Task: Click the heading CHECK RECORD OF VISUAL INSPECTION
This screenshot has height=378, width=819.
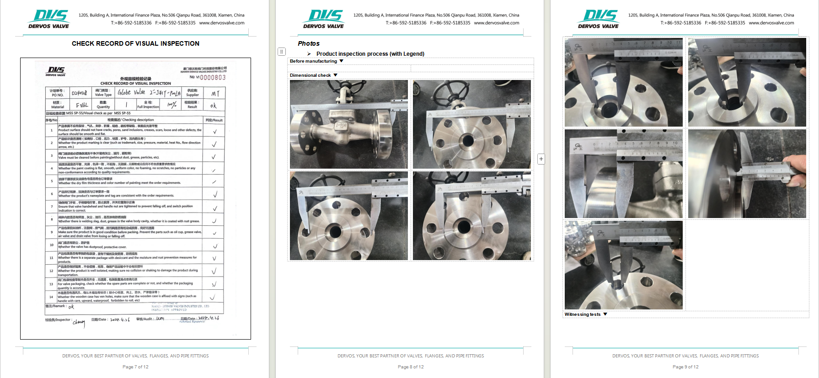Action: click(x=135, y=43)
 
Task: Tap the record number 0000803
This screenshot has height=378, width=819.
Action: click(x=213, y=77)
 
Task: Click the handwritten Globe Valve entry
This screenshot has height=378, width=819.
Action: click(x=131, y=92)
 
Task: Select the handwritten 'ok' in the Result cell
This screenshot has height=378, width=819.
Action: click(x=213, y=106)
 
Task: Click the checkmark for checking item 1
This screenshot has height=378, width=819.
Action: click(x=214, y=131)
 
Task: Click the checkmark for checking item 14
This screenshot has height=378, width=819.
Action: click(x=212, y=297)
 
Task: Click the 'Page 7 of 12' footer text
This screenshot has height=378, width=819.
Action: click(x=135, y=367)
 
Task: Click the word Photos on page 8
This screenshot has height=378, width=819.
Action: click(x=309, y=43)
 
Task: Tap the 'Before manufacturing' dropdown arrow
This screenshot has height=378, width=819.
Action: click(x=341, y=61)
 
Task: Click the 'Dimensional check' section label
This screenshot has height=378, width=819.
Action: click(x=310, y=75)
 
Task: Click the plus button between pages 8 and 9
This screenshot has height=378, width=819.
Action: click(x=541, y=159)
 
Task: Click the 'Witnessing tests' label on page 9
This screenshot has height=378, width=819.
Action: click(x=582, y=314)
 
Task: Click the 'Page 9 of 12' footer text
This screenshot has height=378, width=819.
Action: click(x=685, y=367)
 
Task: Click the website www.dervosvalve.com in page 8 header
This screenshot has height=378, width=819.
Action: click(x=496, y=23)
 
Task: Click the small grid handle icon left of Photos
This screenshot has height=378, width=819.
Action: click(x=282, y=52)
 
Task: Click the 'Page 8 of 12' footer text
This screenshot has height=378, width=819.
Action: click(x=411, y=367)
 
